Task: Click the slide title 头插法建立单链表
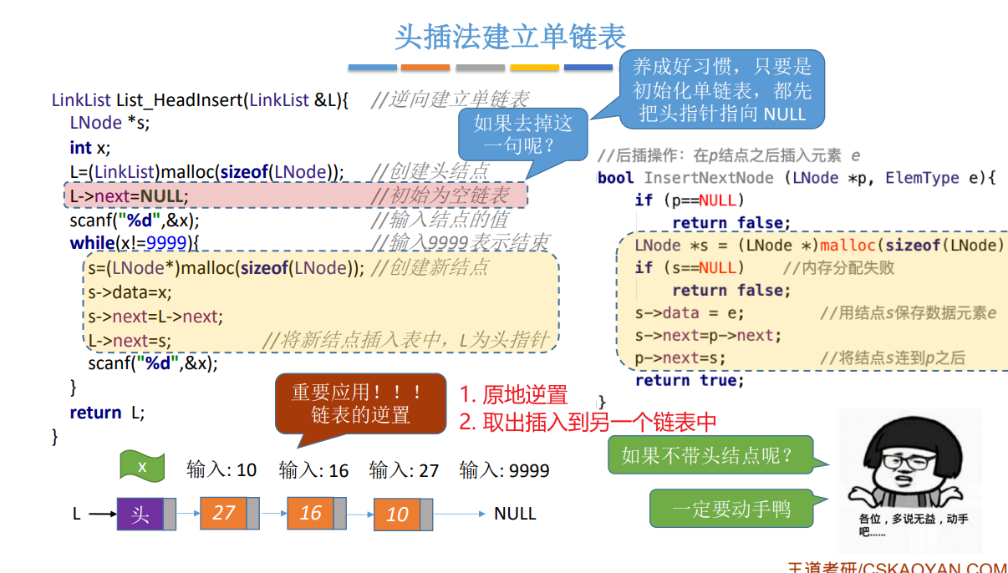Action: [x=510, y=37]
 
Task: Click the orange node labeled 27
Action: [x=223, y=512]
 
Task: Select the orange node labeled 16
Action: [x=310, y=512]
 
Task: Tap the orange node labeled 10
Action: [x=397, y=514]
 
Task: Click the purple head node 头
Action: [x=140, y=514]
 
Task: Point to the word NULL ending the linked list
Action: [x=515, y=514]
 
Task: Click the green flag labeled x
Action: [x=142, y=466]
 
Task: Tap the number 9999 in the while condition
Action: [x=166, y=243]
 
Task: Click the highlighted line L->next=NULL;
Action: [x=130, y=196]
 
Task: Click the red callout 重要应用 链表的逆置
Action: [x=360, y=403]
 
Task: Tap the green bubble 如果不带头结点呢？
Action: [x=706, y=456]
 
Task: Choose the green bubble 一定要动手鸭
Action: [x=731, y=509]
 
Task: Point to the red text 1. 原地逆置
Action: [x=514, y=395]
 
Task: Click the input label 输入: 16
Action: [x=313, y=470]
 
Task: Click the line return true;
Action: [x=689, y=380]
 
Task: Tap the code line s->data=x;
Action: [x=130, y=292]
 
